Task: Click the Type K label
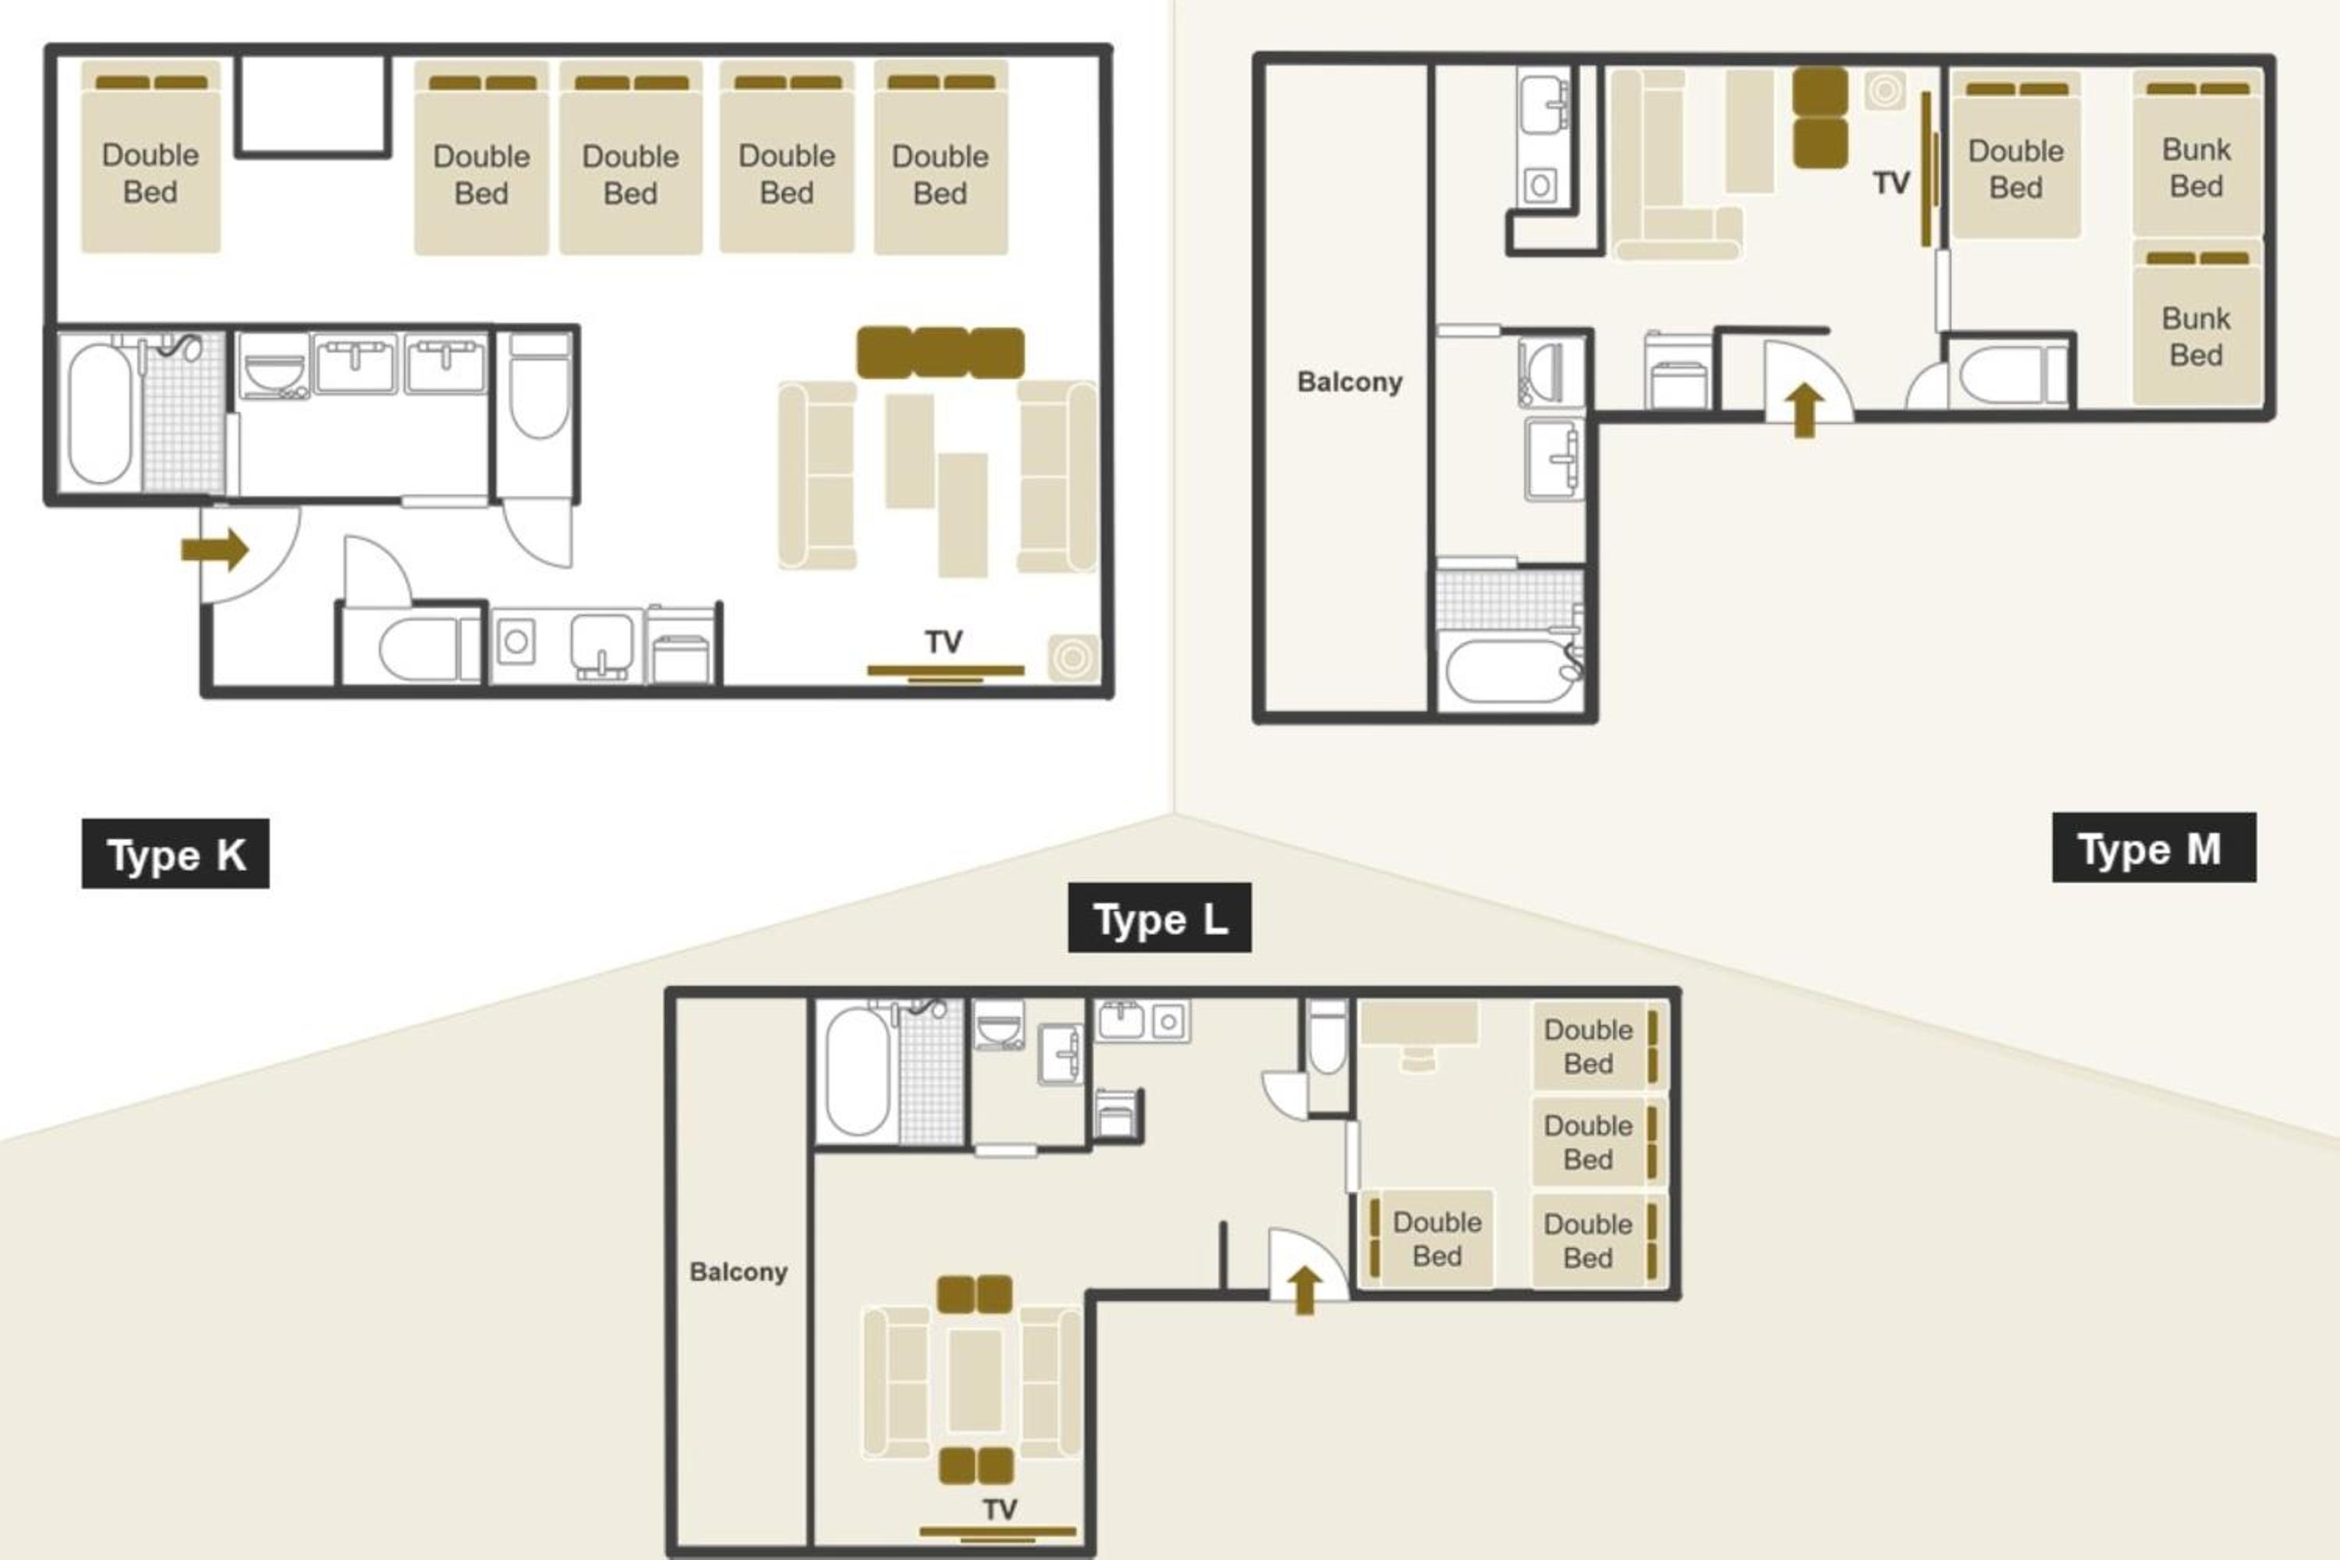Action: [175, 853]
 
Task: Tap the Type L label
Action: [1159, 917]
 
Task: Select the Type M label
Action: [2153, 848]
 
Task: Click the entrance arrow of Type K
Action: [215, 549]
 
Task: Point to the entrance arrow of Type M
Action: [1803, 411]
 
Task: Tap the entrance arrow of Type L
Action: [1304, 1289]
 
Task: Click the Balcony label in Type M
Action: [1349, 381]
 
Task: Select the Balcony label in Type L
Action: [738, 1271]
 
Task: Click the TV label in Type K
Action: [943, 643]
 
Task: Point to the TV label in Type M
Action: [1890, 183]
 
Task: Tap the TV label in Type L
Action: [1000, 1510]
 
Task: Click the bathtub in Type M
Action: [1509, 672]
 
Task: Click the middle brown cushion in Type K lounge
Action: [940, 353]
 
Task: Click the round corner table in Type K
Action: [1072, 658]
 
